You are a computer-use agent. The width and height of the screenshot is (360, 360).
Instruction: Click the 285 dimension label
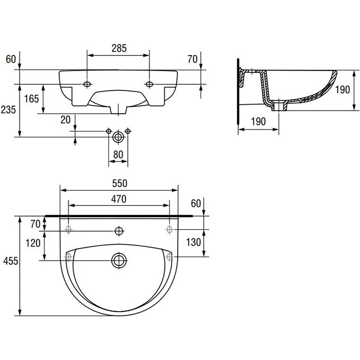pos(119,48)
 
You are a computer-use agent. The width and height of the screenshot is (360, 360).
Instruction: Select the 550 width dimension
pos(120,183)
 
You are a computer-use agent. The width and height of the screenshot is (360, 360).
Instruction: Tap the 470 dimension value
pos(119,199)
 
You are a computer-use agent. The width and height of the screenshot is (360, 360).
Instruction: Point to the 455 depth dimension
pos(10,261)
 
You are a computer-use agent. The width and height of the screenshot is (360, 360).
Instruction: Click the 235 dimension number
pos(8,109)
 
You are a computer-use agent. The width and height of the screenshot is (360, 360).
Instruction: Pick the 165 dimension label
pos(31,99)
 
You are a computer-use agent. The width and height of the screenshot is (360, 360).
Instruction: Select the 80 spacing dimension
pos(118,154)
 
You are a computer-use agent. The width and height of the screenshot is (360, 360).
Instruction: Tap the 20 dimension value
pos(65,120)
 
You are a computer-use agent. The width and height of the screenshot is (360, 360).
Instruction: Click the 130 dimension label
pos(193,242)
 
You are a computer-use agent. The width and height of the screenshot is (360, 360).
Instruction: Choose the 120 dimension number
pos(33,243)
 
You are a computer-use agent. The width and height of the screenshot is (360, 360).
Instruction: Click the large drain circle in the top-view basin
pos(119,260)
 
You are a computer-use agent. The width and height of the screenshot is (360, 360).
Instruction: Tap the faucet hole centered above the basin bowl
pos(119,231)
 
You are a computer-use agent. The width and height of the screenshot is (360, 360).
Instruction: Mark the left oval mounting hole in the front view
pos(87,84)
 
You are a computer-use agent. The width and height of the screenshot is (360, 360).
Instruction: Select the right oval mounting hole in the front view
pos(149,84)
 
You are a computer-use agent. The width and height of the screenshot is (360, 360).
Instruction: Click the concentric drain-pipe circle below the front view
pos(118,137)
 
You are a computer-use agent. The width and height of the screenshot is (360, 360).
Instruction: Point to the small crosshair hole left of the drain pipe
pos(108,131)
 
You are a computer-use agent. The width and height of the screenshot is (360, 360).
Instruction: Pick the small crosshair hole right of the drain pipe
pos(128,131)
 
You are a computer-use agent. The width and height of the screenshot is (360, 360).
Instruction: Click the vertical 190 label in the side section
pos(342,90)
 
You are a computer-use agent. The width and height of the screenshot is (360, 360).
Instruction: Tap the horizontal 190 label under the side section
pos(258,121)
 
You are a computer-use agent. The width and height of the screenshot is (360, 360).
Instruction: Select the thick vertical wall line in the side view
pos(238,91)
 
